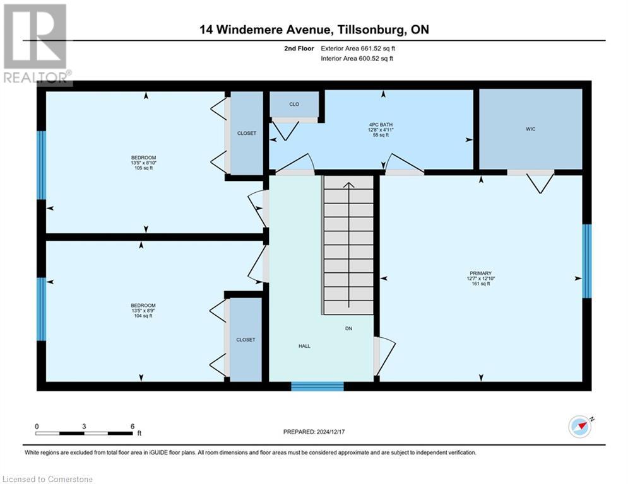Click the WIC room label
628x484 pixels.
tap(530, 129)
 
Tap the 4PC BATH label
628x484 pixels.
tap(381, 125)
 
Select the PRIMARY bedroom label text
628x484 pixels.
tap(480, 273)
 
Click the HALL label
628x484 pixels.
tap(305, 346)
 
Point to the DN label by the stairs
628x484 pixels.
tap(348, 328)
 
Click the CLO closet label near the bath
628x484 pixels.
tap(294, 104)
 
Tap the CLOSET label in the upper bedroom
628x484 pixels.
tap(246, 134)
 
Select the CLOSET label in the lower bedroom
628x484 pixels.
tap(246, 340)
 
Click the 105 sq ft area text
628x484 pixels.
tap(144, 168)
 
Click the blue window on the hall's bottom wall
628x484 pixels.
tap(317, 386)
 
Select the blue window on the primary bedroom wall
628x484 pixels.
tap(586, 261)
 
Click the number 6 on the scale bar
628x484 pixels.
tap(132, 426)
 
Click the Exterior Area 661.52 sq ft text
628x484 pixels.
tap(358, 48)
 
